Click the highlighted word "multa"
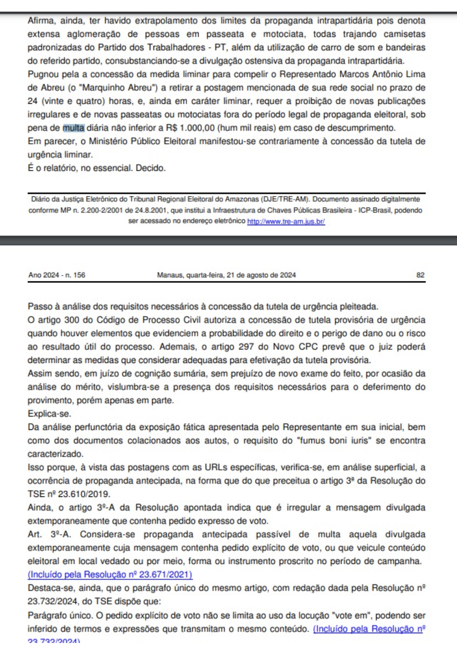tap(74, 128)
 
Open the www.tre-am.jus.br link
tap(286, 221)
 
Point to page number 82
tap(420, 275)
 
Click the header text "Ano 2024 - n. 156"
tap(57, 275)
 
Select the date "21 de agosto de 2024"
tap(261, 275)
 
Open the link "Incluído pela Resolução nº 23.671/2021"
tap(110, 575)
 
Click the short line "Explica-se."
tap(49, 414)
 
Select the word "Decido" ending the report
tap(150, 168)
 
